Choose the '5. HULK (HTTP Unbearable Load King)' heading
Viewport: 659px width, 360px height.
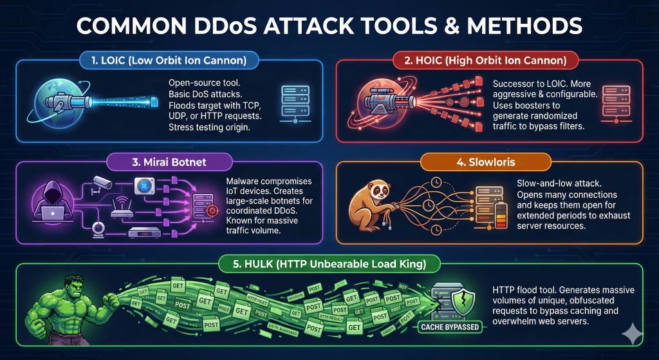coord(329,263)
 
